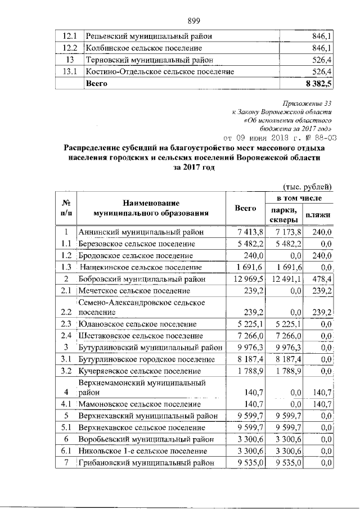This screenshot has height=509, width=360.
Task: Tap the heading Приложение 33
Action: click(311, 103)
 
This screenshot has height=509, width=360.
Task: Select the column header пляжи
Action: click(318, 215)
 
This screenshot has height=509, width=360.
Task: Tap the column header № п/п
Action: click(66, 208)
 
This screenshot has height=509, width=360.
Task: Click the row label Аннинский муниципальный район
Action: click(141, 232)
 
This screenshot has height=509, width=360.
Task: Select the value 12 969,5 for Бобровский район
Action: click(244, 279)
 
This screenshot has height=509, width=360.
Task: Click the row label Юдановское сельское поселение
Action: click(138, 324)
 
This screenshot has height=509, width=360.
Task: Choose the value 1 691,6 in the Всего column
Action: click(246, 267)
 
